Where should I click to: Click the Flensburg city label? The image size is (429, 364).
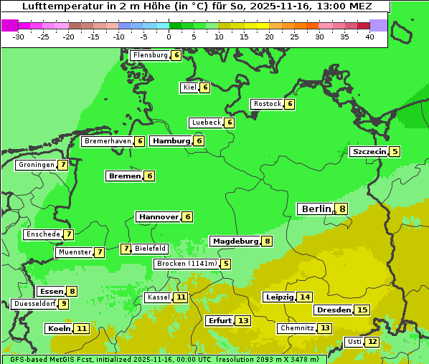click(x=150, y=55)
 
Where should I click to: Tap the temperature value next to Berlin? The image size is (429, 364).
click(x=342, y=209)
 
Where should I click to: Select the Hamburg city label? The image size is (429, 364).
click(x=171, y=141)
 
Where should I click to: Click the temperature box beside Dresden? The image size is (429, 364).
click(x=362, y=310)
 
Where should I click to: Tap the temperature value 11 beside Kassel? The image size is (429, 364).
click(x=181, y=297)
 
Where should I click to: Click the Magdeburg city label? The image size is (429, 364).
click(x=235, y=241)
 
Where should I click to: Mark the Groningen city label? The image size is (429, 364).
click(x=36, y=165)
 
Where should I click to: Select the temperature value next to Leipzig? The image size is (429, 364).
click(x=305, y=297)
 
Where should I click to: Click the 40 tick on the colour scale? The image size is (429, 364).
click(x=369, y=37)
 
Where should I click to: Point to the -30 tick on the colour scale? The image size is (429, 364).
click(x=19, y=37)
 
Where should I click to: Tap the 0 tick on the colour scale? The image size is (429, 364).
click(x=169, y=37)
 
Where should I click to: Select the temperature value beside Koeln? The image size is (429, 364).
click(x=82, y=329)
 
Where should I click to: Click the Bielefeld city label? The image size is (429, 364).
click(x=151, y=249)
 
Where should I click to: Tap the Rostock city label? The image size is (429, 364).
click(x=268, y=104)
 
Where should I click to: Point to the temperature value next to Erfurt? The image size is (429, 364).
click(x=243, y=321)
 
